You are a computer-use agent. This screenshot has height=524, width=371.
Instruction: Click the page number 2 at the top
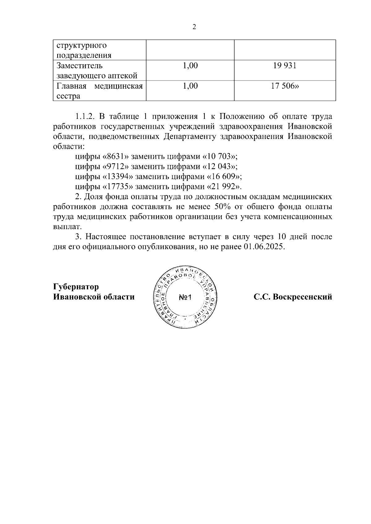194,27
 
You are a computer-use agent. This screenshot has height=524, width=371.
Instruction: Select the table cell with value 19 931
285,65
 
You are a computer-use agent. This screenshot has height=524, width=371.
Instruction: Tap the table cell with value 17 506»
285,86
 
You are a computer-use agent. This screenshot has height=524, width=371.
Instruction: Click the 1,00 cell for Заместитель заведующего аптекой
190,65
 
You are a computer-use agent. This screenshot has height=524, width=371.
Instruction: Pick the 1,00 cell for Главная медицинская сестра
190,86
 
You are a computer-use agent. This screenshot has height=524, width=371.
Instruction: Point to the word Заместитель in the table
79,65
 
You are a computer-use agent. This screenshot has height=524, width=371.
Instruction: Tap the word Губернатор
76,287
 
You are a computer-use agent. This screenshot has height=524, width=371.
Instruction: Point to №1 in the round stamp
185,298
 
